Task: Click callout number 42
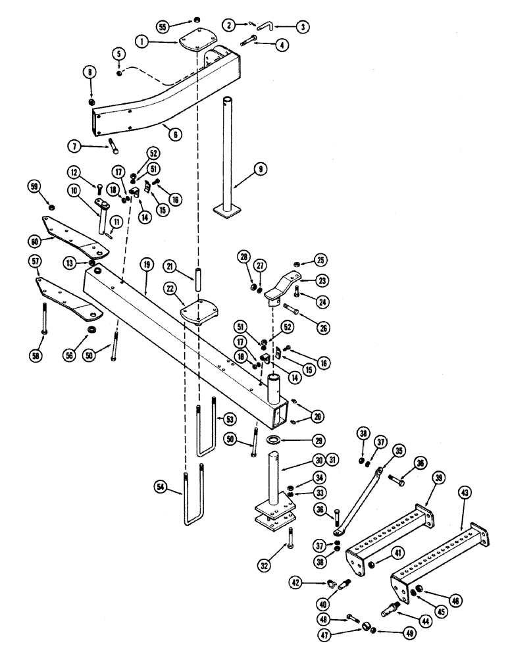click(297, 582)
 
